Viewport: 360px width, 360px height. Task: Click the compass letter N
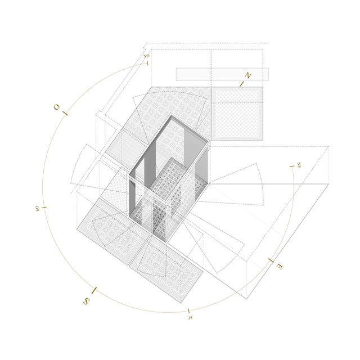click(x=247, y=75)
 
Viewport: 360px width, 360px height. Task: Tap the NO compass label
click(x=146, y=56)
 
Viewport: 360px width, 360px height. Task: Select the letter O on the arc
click(x=56, y=107)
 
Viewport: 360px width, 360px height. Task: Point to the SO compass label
click(x=37, y=209)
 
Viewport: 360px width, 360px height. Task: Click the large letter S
click(x=86, y=301)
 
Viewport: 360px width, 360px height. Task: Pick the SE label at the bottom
click(x=190, y=318)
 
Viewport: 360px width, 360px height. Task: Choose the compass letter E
click(x=280, y=266)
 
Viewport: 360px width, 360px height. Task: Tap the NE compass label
click(x=299, y=165)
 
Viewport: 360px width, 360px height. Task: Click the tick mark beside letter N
click(x=241, y=84)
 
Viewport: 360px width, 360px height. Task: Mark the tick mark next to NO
click(x=147, y=63)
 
